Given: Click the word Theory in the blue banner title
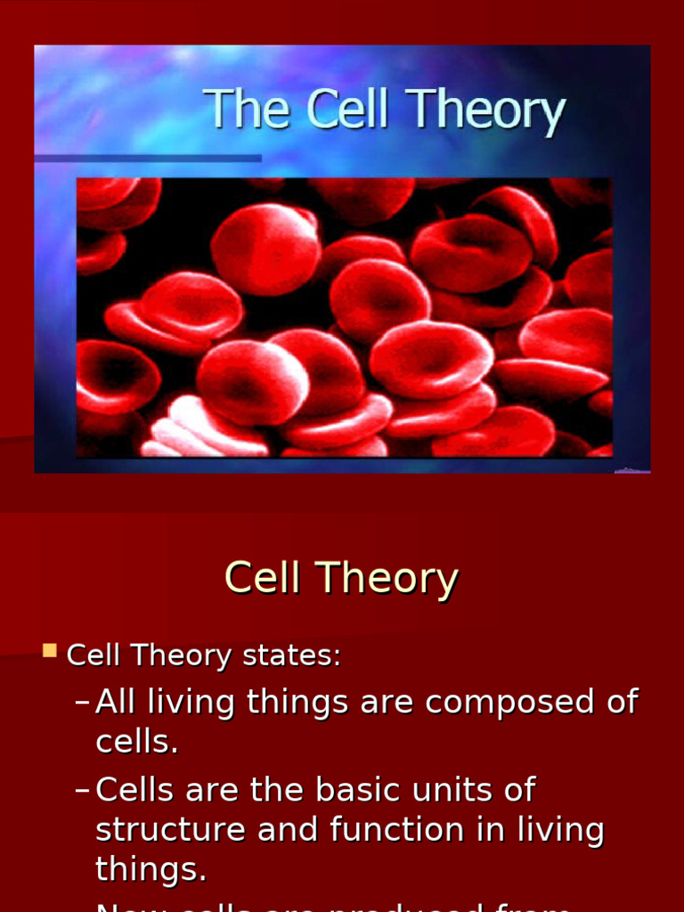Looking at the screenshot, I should pos(487,112).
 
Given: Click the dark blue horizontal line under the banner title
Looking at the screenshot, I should pos(148,159).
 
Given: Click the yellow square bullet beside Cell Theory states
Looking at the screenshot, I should pos(50,651).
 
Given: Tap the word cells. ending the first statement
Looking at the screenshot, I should pos(137,742).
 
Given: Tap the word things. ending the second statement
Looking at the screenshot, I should pos(151,869).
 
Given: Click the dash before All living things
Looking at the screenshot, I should pos(82,703).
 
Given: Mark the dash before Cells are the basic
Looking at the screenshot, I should pos(82,790).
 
